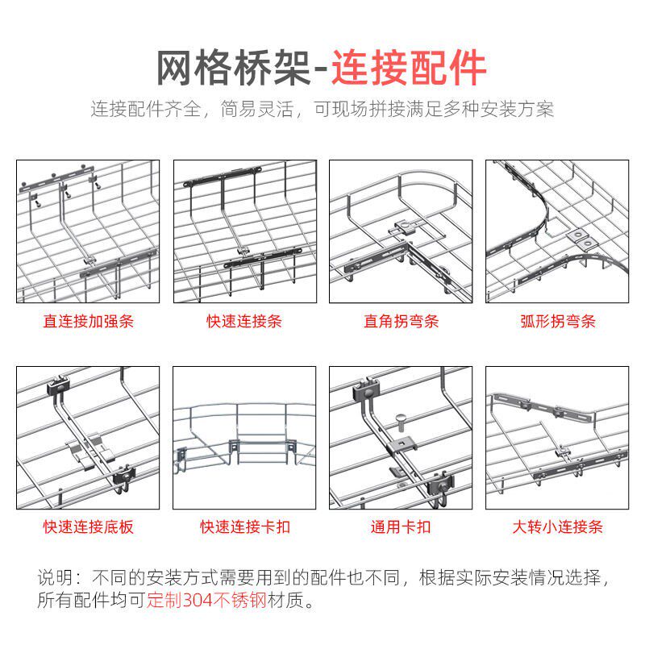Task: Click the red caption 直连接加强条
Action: tap(89, 322)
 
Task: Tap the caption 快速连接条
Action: tap(244, 322)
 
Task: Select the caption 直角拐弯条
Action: tap(401, 322)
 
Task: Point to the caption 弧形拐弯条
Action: tap(557, 322)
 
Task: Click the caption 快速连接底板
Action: tap(89, 528)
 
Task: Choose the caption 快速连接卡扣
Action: tap(244, 528)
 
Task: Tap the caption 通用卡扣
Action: tap(401, 528)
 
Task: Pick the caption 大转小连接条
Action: tap(557, 528)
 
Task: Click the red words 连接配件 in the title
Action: tap(410, 68)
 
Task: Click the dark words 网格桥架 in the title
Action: tap(233, 68)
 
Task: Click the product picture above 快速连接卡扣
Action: tap(244, 439)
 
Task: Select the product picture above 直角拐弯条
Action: tap(401, 231)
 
